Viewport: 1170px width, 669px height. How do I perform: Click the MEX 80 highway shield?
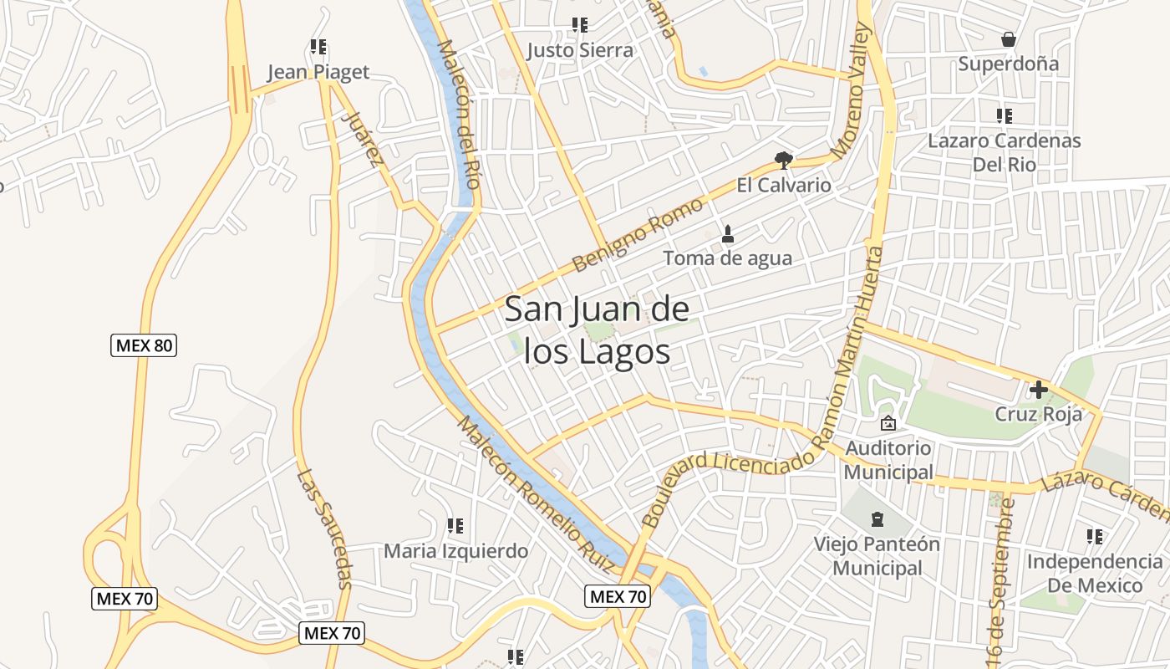point(144,345)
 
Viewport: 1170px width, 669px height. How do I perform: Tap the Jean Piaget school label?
point(318,72)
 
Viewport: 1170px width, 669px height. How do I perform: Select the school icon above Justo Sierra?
point(579,25)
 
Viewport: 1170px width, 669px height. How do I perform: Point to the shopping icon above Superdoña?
point(1009,38)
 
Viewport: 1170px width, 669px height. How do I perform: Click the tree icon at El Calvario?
point(783,160)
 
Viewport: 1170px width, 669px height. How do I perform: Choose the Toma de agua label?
point(727,258)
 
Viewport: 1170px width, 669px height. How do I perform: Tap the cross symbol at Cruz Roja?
point(1038,389)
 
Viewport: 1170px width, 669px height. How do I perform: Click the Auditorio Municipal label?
point(888,460)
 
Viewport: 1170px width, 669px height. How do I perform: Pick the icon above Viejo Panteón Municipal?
point(877,519)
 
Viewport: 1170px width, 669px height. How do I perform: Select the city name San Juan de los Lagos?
point(598,331)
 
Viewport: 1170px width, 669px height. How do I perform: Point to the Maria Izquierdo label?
point(455,551)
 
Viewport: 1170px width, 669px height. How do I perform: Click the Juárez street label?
point(362,140)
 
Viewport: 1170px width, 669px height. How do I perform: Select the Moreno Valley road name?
point(852,92)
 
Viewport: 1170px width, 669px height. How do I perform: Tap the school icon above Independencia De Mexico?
point(1094,536)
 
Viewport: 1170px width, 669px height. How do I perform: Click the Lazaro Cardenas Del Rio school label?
point(1004,152)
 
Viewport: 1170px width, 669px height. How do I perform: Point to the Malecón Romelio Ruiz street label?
point(535,493)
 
